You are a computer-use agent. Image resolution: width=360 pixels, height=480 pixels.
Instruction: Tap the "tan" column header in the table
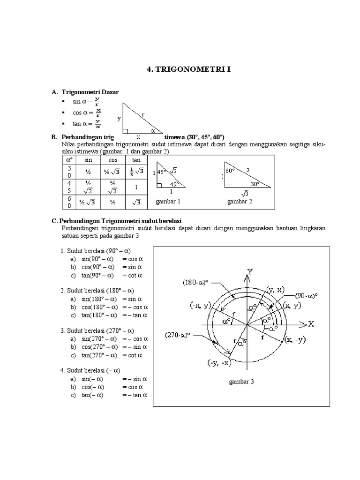tap(135, 160)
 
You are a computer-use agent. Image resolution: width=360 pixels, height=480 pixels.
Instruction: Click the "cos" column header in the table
tap(111, 160)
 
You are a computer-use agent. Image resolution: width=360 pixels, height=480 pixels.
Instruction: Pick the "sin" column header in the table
tap(88, 160)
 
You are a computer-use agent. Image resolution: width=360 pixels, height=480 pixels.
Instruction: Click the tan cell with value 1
tap(135, 187)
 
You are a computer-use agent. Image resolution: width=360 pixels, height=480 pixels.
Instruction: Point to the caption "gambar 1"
tap(168, 202)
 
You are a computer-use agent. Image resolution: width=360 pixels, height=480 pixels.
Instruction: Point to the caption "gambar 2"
tap(240, 202)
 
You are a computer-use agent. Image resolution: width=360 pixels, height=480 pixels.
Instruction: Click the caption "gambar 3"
tap(241, 382)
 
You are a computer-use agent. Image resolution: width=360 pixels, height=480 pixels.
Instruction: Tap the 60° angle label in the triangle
tap(230, 171)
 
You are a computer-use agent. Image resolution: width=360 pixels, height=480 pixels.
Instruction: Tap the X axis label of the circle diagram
tap(312, 324)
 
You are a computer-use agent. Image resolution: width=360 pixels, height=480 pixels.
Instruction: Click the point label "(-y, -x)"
tap(207, 363)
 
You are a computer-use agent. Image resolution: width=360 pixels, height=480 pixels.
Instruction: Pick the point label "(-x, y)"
tap(201, 305)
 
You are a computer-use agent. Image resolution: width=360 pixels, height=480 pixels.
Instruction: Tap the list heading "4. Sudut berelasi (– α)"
tap(91, 370)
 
